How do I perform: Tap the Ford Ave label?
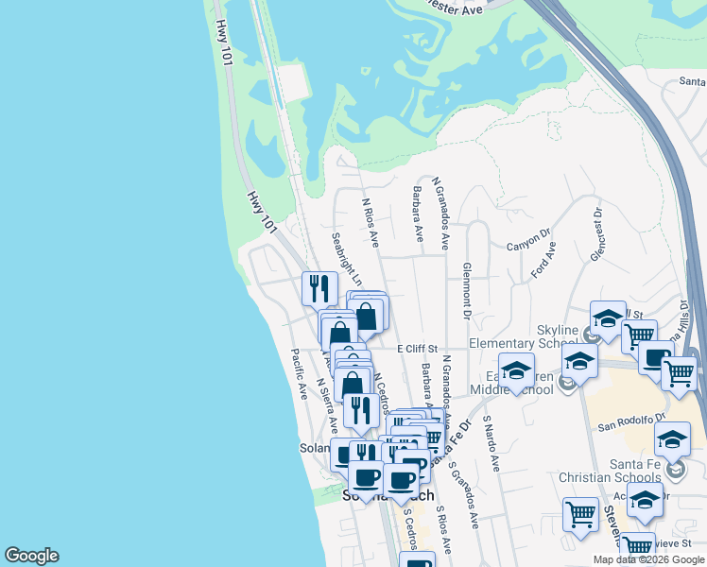click(x=543, y=259)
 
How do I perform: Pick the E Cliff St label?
click(x=417, y=349)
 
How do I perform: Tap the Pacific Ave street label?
click(x=299, y=373)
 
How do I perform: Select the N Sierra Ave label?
click(x=327, y=403)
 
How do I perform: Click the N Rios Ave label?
click(x=370, y=221)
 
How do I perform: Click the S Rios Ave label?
click(x=444, y=530)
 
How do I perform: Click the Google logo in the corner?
click(x=31, y=556)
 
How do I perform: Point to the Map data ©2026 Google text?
click(x=648, y=559)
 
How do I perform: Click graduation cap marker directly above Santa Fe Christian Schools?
click(x=672, y=439)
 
